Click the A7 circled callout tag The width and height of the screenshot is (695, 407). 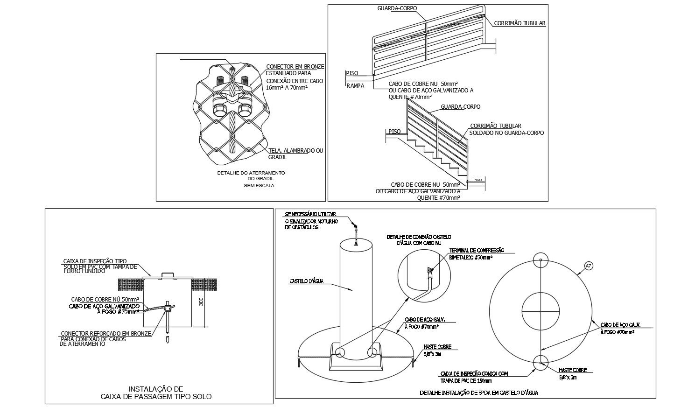coord(588,266)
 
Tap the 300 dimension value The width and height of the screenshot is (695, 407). coord(201,302)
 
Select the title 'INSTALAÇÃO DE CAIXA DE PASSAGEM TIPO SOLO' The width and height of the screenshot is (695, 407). coord(156,393)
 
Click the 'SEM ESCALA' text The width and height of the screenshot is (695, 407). coord(259,185)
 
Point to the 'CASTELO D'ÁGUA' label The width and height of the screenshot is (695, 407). coord(306,281)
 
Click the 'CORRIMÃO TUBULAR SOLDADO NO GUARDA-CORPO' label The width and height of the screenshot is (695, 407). coord(506,129)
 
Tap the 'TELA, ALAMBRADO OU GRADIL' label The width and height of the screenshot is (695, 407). coord(295,154)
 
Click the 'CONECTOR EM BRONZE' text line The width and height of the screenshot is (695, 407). coord(295,67)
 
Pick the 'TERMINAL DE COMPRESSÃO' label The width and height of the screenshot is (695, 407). coord(476,251)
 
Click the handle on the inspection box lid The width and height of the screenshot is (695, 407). coord(168,274)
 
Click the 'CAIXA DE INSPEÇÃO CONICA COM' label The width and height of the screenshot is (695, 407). coord(473,373)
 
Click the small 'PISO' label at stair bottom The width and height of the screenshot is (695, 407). coord(477,180)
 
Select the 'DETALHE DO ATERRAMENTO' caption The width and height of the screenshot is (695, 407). coord(251,173)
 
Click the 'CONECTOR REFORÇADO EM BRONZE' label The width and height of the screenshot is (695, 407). coord(106,334)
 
